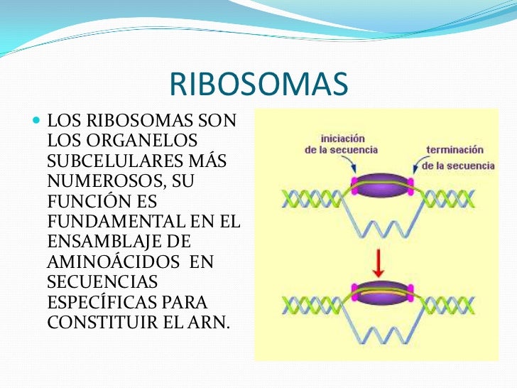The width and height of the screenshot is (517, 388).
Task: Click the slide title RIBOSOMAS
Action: click(x=258, y=85)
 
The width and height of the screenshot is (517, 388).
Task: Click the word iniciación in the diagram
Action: click(x=344, y=138)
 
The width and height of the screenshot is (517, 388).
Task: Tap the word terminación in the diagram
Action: click(x=455, y=150)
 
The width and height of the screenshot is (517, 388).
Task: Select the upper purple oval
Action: click(x=383, y=185)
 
